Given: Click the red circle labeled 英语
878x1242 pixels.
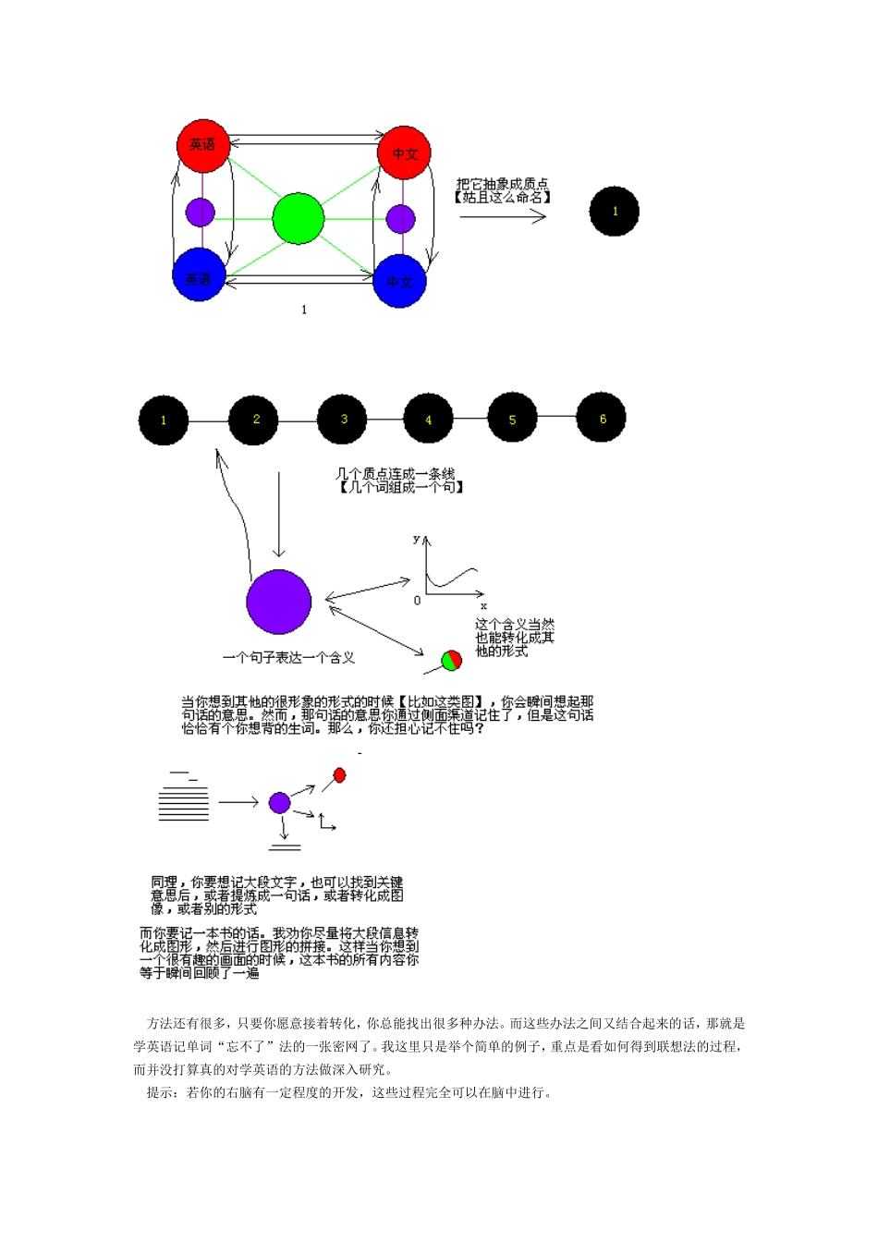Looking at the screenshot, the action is [x=202, y=145].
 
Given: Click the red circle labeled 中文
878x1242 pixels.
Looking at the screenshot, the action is [x=404, y=153].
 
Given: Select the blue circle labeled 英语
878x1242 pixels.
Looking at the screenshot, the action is [x=199, y=275].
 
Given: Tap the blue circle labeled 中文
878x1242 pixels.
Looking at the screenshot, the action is [x=399, y=281].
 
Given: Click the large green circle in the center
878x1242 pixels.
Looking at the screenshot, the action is [x=299, y=219].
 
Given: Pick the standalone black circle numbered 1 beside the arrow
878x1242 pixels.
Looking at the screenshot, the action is [x=615, y=211].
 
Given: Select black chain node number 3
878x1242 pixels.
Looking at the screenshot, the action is [x=343, y=420].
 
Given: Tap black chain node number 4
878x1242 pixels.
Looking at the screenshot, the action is [x=429, y=420].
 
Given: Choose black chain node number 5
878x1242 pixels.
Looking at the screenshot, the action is [x=513, y=419].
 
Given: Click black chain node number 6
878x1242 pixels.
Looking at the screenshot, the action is [x=602, y=419].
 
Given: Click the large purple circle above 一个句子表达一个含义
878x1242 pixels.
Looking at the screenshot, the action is [x=278, y=602].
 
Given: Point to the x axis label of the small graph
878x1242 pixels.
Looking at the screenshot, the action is [x=483, y=606].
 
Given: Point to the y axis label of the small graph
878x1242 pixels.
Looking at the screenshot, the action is [x=417, y=538].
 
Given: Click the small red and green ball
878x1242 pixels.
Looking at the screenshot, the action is [x=451, y=661].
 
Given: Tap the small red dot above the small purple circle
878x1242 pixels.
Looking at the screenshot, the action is [x=339, y=775].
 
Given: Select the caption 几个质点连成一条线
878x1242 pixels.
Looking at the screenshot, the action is [x=395, y=474].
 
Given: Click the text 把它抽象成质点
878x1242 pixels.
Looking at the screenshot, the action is [x=502, y=184].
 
